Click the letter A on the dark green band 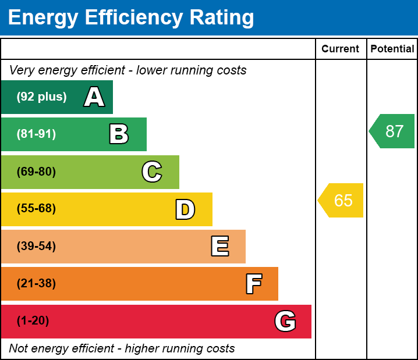tap(94, 97)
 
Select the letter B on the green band tap(119, 134)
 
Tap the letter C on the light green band tap(152, 172)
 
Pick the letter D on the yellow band tap(185, 209)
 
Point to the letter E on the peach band tap(219, 247)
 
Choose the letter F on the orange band tap(253, 284)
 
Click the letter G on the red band tap(285, 321)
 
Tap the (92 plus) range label tap(41, 97)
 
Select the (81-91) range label tap(36, 134)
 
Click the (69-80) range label tap(36, 172)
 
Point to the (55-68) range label tap(36, 209)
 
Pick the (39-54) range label tap(36, 247)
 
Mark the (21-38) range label tap(36, 284)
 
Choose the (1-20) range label tap(33, 321)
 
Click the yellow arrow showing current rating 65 tap(341, 201)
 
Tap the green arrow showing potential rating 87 tap(392, 131)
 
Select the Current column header tap(341, 49)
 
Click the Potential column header tap(392, 49)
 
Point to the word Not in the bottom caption tap(19, 349)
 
